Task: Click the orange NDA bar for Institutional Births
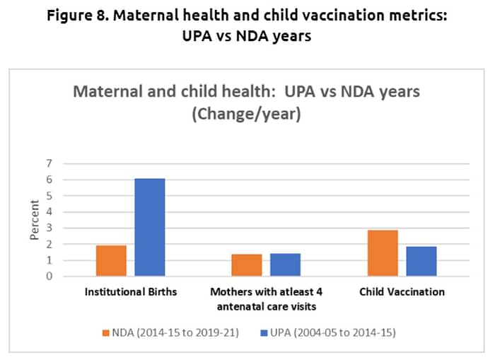[x=111, y=261]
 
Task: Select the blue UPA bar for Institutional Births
[x=150, y=228]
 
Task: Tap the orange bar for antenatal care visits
[x=247, y=265]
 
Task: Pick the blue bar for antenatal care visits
[x=286, y=265]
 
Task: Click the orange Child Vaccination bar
[x=383, y=253]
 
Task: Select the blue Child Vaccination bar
[x=421, y=261]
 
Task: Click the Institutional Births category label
[x=130, y=291]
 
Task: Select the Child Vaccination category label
[x=402, y=291]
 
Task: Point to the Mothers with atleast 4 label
[x=266, y=291]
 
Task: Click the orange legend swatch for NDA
[x=106, y=332]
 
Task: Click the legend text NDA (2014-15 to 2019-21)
[x=177, y=332]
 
